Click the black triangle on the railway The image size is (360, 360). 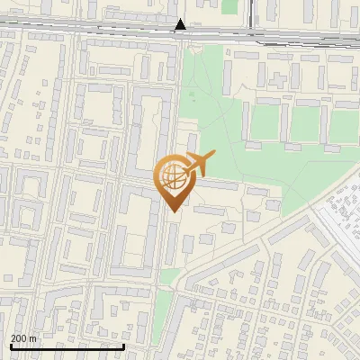tap(181, 25)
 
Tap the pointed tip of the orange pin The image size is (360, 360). tap(174, 211)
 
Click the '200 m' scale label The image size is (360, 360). tap(24, 338)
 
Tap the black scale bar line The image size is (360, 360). tap(67, 346)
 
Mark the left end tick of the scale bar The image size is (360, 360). tap(10, 346)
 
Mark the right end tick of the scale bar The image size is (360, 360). tap(123, 346)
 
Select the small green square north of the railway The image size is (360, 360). tap(229, 6)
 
